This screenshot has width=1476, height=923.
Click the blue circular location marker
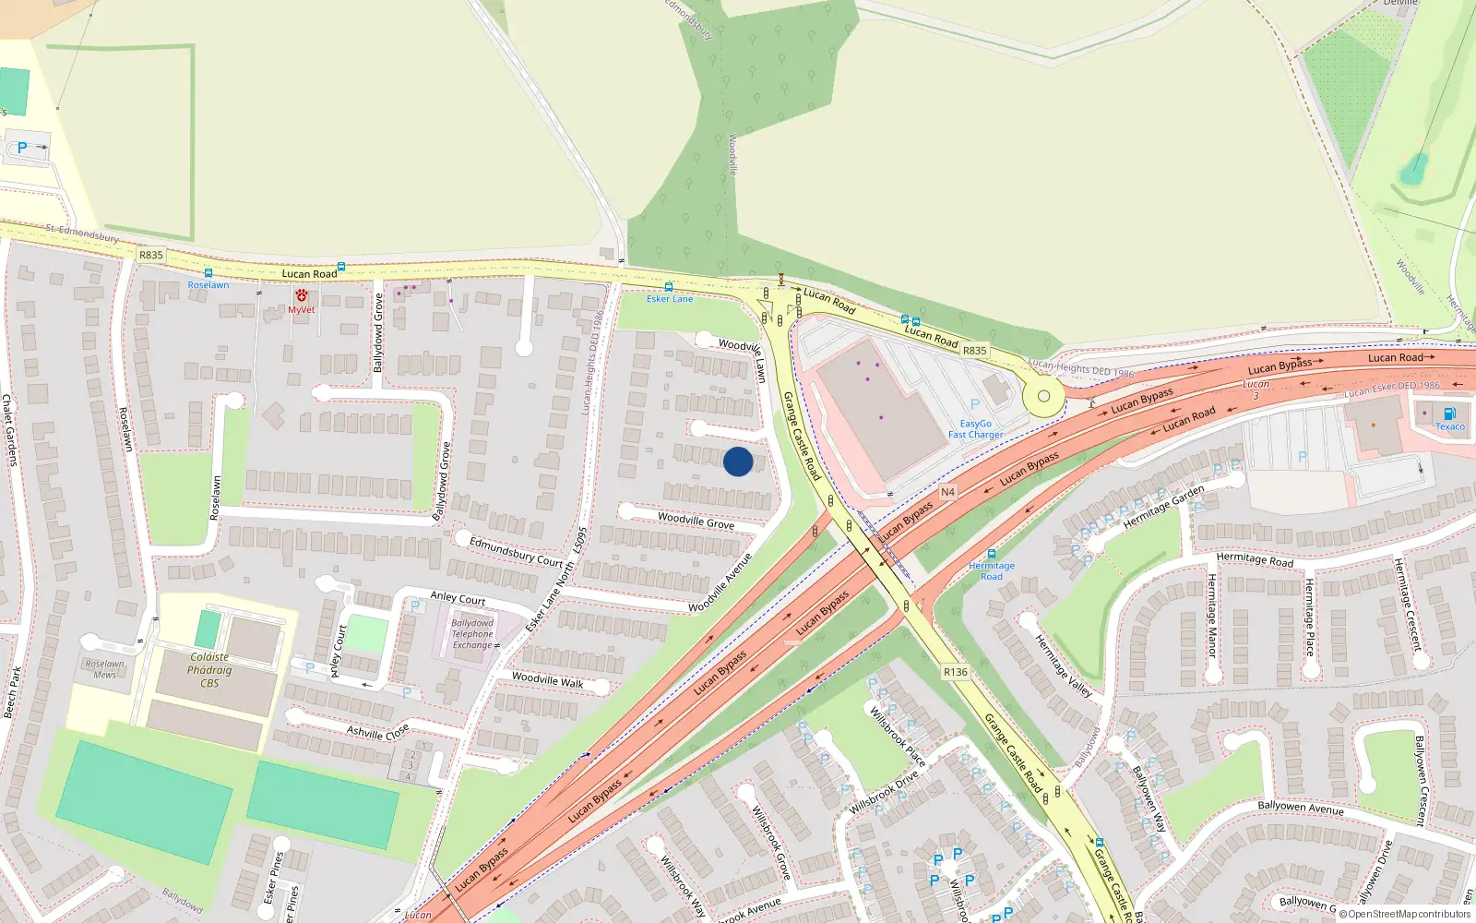pyautogui.click(x=737, y=461)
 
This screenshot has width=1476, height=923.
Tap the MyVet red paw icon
pyautogui.click(x=302, y=295)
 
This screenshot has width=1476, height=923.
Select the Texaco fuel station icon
pyautogui.click(x=1449, y=414)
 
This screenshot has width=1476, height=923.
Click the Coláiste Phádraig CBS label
pyautogui.click(x=209, y=670)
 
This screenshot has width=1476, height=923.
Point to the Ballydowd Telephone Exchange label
pyautogui.click(x=472, y=634)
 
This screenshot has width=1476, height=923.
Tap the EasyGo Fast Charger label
pyautogui.click(x=975, y=429)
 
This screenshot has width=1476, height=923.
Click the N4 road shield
pyautogui.click(x=947, y=492)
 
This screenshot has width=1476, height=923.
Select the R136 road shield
pyautogui.click(x=956, y=672)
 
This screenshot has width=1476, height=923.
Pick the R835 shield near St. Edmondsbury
pyautogui.click(x=151, y=255)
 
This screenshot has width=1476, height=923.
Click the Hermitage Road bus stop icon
pyautogui.click(x=992, y=554)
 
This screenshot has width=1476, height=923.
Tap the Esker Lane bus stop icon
pyautogui.click(x=669, y=287)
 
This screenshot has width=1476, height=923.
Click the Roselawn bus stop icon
pyautogui.click(x=208, y=273)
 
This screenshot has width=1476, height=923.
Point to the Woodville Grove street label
pyautogui.click(x=696, y=521)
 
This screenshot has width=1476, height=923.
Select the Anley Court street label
pyautogui.click(x=458, y=598)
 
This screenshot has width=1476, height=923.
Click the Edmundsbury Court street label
pyautogui.click(x=516, y=551)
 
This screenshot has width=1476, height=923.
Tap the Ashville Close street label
pyautogui.click(x=377, y=732)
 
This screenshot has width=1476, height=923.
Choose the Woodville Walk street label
pyautogui.click(x=548, y=679)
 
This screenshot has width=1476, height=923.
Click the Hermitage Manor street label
pyautogui.click(x=1212, y=615)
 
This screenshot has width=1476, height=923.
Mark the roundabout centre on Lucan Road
pyautogui.click(x=1043, y=396)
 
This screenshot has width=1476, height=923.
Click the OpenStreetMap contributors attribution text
pyautogui.click(x=1404, y=914)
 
